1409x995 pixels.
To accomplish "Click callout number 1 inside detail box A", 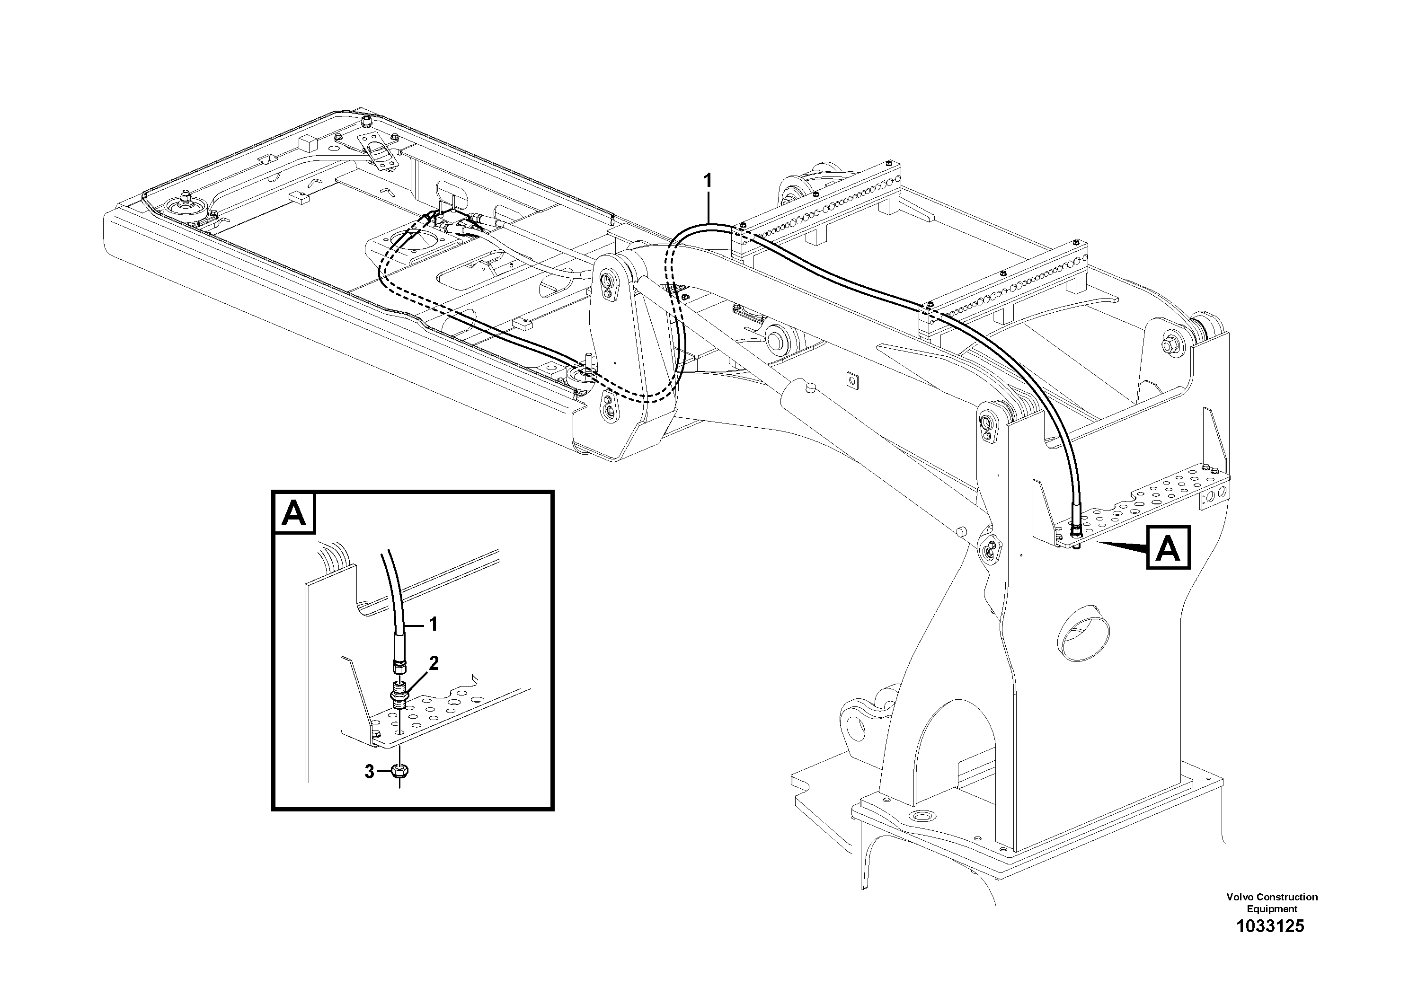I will [x=433, y=625].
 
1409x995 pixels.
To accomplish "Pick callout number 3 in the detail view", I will [x=369, y=772].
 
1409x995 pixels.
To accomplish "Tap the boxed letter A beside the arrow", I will [x=1167, y=548].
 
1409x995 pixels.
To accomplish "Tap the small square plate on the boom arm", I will [x=851, y=381].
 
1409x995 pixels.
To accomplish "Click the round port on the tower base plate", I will [x=921, y=817].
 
